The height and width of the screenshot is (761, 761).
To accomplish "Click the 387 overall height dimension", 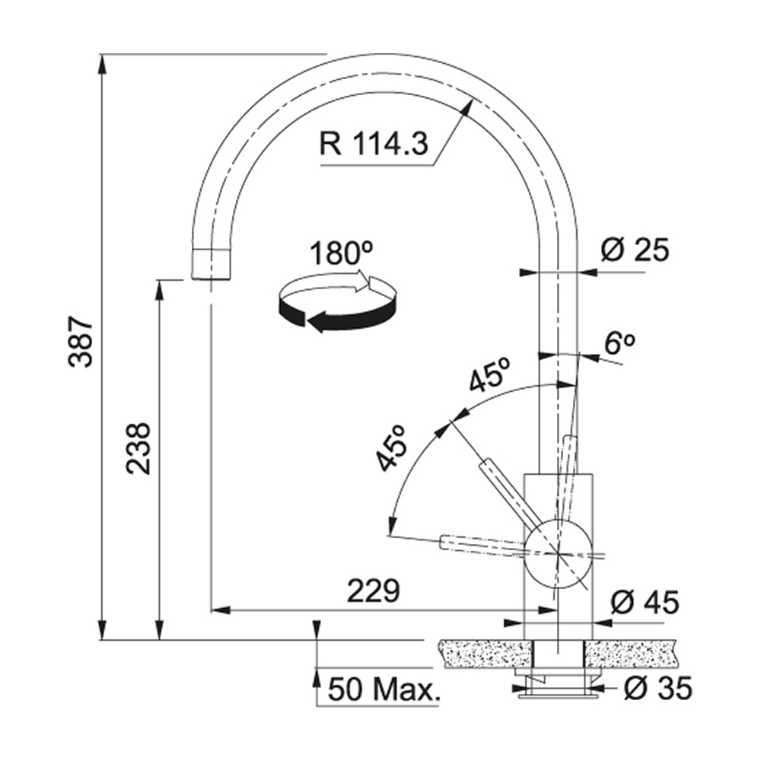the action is pyautogui.click(x=81, y=342).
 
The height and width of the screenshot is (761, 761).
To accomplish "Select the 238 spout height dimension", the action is pyautogui.click(x=139, y=448).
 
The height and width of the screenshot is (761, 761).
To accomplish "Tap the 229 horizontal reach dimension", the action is pyautogui.click(x=374, y=591).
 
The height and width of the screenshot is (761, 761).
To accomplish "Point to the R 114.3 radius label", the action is pyautogui.click(x=374, y=144).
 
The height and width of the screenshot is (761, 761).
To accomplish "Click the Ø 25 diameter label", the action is pyautogui.click(x=635, y=250).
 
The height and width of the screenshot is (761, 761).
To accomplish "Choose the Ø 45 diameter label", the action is pyautogui.click(x=645, y=603).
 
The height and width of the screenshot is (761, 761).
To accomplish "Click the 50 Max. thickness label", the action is pyautogui.click(x=383, y=689).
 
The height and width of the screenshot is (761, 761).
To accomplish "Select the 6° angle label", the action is pyautogui.click(x=619, y=343).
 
